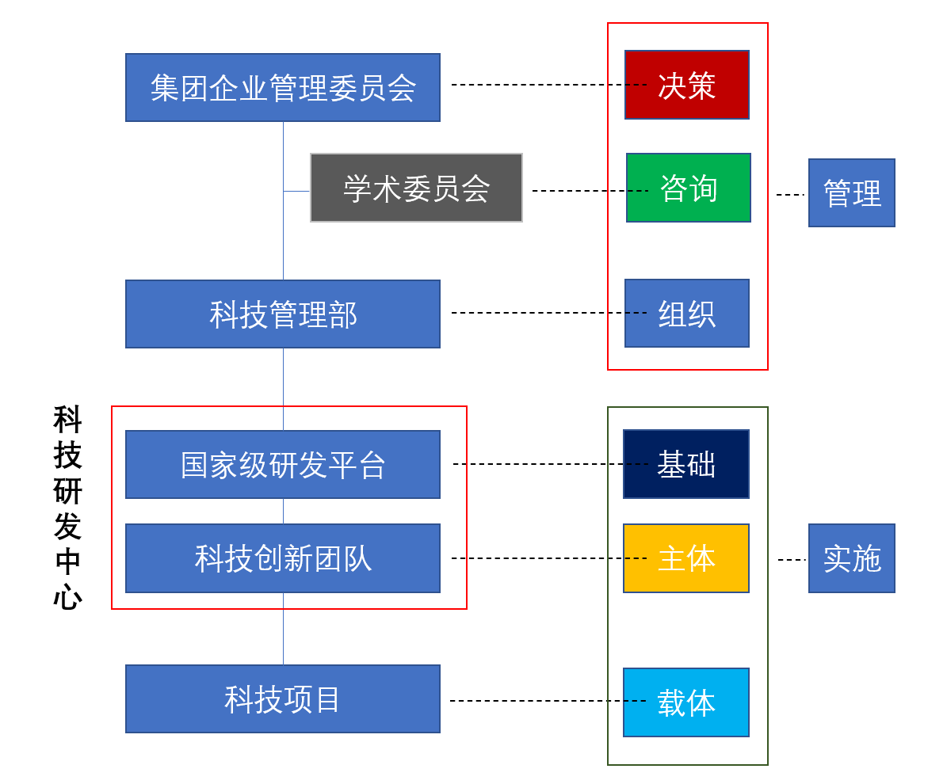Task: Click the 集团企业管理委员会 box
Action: (x=282, y=87)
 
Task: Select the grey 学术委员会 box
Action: (x=416, y=188)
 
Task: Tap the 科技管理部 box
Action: (x=282, y=314)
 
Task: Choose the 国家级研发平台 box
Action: (x=282, y=464)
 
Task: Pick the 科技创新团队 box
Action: (x=282, y=558)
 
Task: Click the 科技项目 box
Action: (x=282, y=698)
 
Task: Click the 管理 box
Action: (x=851, y=192)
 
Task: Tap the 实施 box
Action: (x=851, y=558)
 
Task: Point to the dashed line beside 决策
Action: (x=636, y=84)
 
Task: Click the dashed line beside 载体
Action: (x=635, y=700)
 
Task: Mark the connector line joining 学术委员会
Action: (x=296, y=191)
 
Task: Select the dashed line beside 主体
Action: (x=636, y=558)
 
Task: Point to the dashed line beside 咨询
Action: (x=638, y=191)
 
